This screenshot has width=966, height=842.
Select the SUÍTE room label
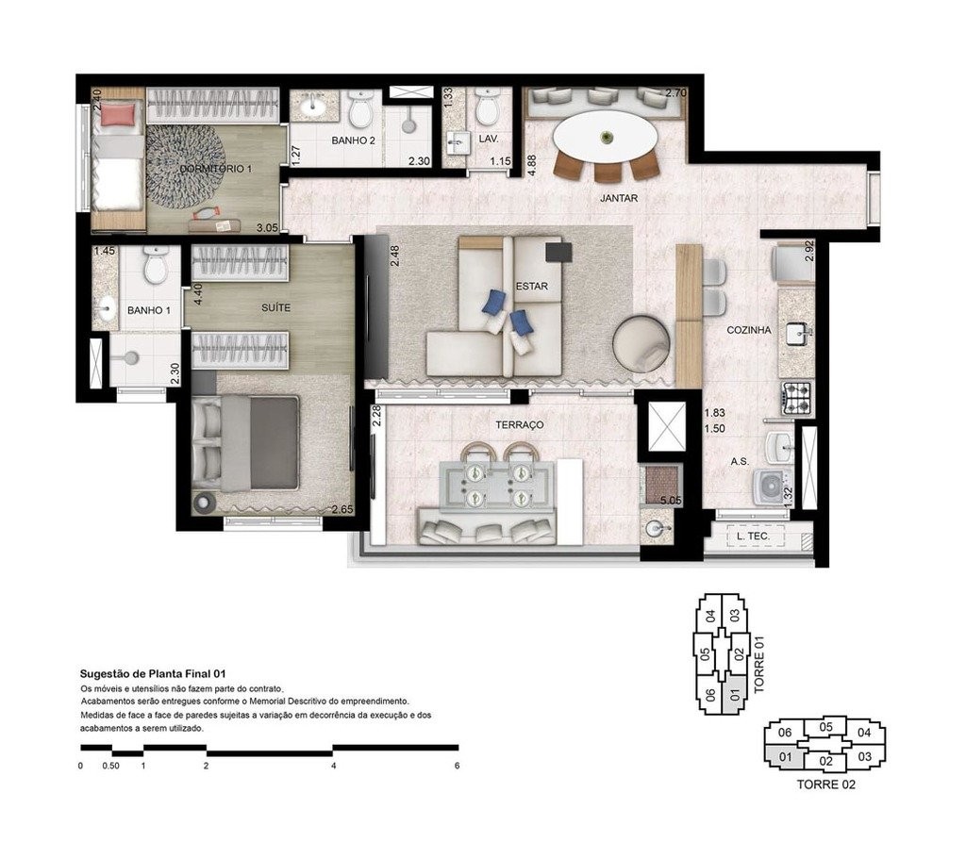(275, 308)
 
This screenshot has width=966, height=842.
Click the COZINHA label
(749, 331)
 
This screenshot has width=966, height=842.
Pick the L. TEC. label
(752, 537)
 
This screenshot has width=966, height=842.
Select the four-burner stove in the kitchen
(796, 398)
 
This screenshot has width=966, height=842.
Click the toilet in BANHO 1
(156, 267)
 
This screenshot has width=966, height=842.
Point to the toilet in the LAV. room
(487, 108)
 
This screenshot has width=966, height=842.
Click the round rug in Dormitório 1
(186, 166)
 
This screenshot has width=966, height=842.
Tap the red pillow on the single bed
(119, 115)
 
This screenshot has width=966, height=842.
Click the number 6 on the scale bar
(457, 766)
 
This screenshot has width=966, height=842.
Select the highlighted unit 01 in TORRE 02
(784, 755)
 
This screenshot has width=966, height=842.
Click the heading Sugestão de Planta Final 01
(153, 675)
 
